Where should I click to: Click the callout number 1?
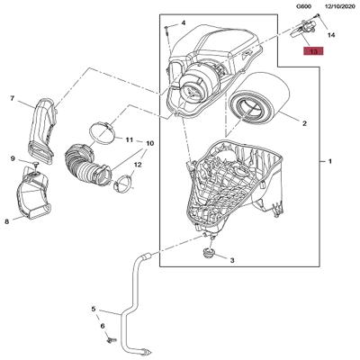(330, 161)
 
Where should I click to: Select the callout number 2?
(304, 123)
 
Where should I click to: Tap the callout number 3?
(232, 260)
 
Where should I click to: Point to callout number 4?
(184, 22)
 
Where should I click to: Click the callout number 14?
(331, 35)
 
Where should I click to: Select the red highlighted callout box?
(313, 51)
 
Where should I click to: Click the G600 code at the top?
(303, 6)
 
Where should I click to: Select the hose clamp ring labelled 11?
(103, 132)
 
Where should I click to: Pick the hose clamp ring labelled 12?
(122, 183)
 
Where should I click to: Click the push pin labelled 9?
(35, 164)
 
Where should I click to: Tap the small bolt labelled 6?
(112, 340)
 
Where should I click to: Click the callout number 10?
(150, 143)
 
